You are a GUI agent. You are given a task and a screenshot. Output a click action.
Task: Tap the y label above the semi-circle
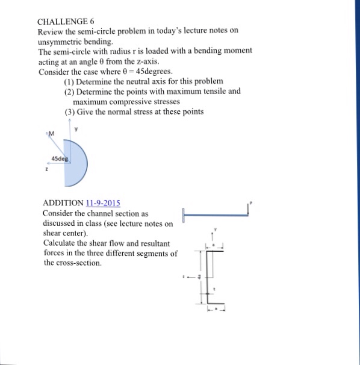click(76, 128)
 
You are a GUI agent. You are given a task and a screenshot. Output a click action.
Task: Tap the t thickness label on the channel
click(215, 289)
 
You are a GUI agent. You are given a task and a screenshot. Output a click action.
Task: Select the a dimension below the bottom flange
click(216, 308)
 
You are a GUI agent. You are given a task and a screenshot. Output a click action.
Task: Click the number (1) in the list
click(69, 81)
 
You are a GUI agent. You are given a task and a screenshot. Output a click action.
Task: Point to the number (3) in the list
click(69, 112)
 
